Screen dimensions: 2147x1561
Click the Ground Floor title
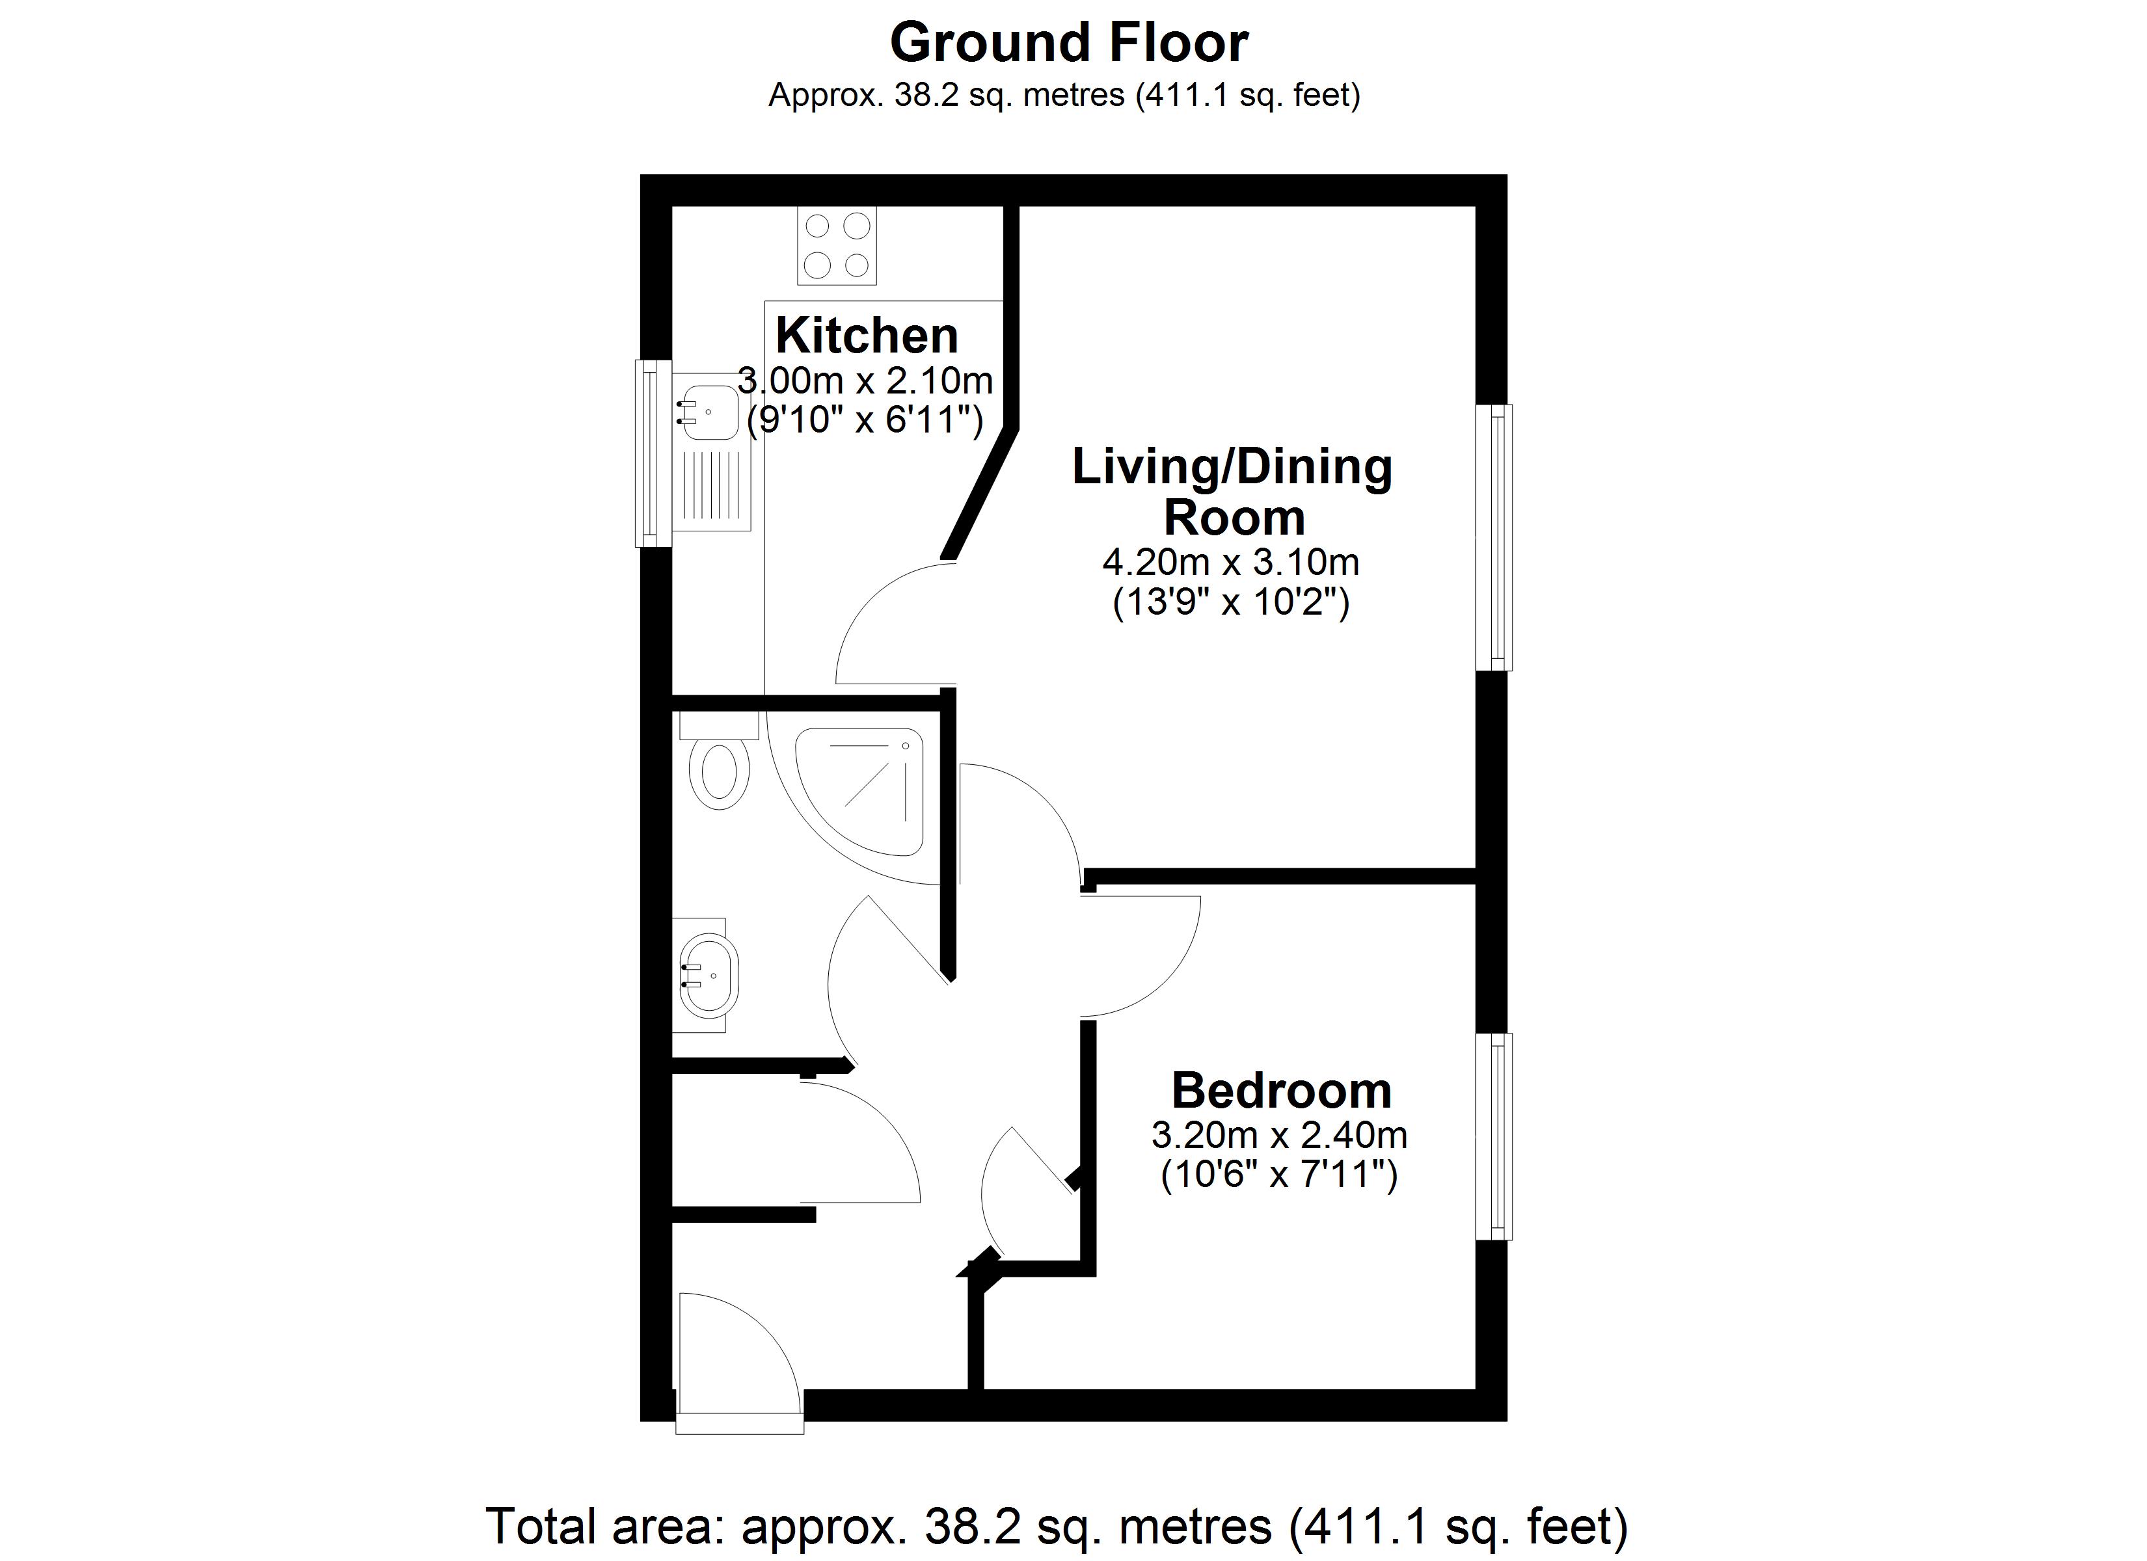click(x=1069, y=44)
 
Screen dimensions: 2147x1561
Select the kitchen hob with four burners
click(x=837, y=245)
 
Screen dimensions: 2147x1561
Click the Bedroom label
click(x=1282, y=1091)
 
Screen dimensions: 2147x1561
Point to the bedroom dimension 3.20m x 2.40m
click(x=1279, y=1134)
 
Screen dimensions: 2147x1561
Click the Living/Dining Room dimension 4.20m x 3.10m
click(x=1231, y=563)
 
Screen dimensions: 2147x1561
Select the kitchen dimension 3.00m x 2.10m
click(x=865, y=380)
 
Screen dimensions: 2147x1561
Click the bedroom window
click(x=1494, y=1136)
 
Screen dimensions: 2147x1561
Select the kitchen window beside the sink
click(x=653, y=453)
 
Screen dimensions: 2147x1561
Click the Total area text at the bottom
click(x=1057, y=1526)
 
